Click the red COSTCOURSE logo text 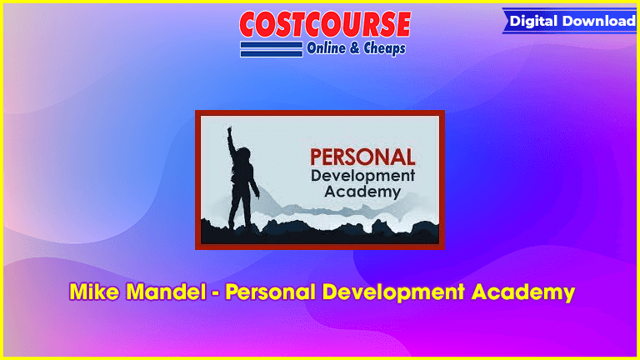(325, 24)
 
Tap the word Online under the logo (326, 48)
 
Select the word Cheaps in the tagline (384, 48)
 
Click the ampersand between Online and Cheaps (355, 48)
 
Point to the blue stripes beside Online (272, 49)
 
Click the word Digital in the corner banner (533, 21)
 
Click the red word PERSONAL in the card (362, 157)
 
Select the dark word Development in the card (362, 177)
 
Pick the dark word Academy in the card (362, 192)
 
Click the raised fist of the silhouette (229, 130)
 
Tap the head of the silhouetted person (243, 154)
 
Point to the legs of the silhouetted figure (240, 208)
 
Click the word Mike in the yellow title (94, 292)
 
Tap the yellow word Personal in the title (271, 292)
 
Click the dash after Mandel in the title (216, 293)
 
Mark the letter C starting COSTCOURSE (249, 24)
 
